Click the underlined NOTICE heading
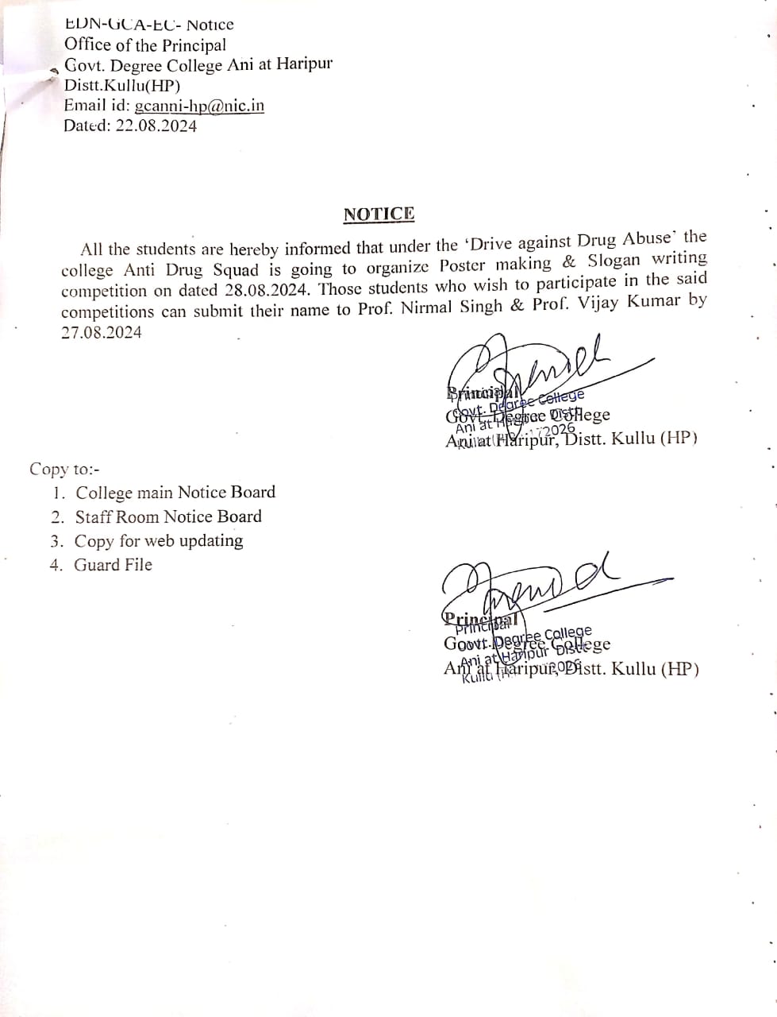point(379,214)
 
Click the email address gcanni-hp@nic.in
point(199,106)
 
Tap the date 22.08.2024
point(156,126)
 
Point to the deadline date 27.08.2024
point(102,333)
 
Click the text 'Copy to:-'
point(65,469)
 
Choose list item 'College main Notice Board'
point(175,493)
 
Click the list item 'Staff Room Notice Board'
point(168,516)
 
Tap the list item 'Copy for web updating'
point(159,541)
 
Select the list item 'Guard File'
point(113,565)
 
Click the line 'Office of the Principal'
point(145,45)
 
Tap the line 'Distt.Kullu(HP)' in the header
point(122,86)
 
